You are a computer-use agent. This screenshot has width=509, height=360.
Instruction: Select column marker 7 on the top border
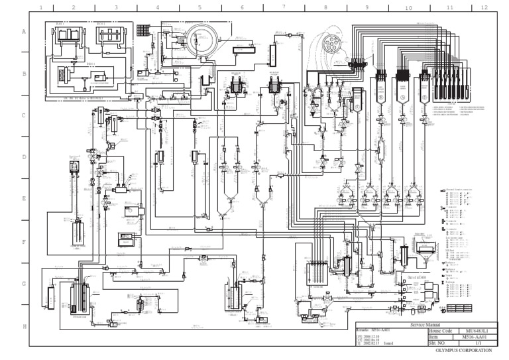(284, 8)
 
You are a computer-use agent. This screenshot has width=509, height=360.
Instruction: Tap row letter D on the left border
(24, 157)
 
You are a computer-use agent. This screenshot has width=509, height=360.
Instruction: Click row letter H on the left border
(24, 327)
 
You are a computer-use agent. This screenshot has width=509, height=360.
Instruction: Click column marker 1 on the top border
(41, 8)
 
